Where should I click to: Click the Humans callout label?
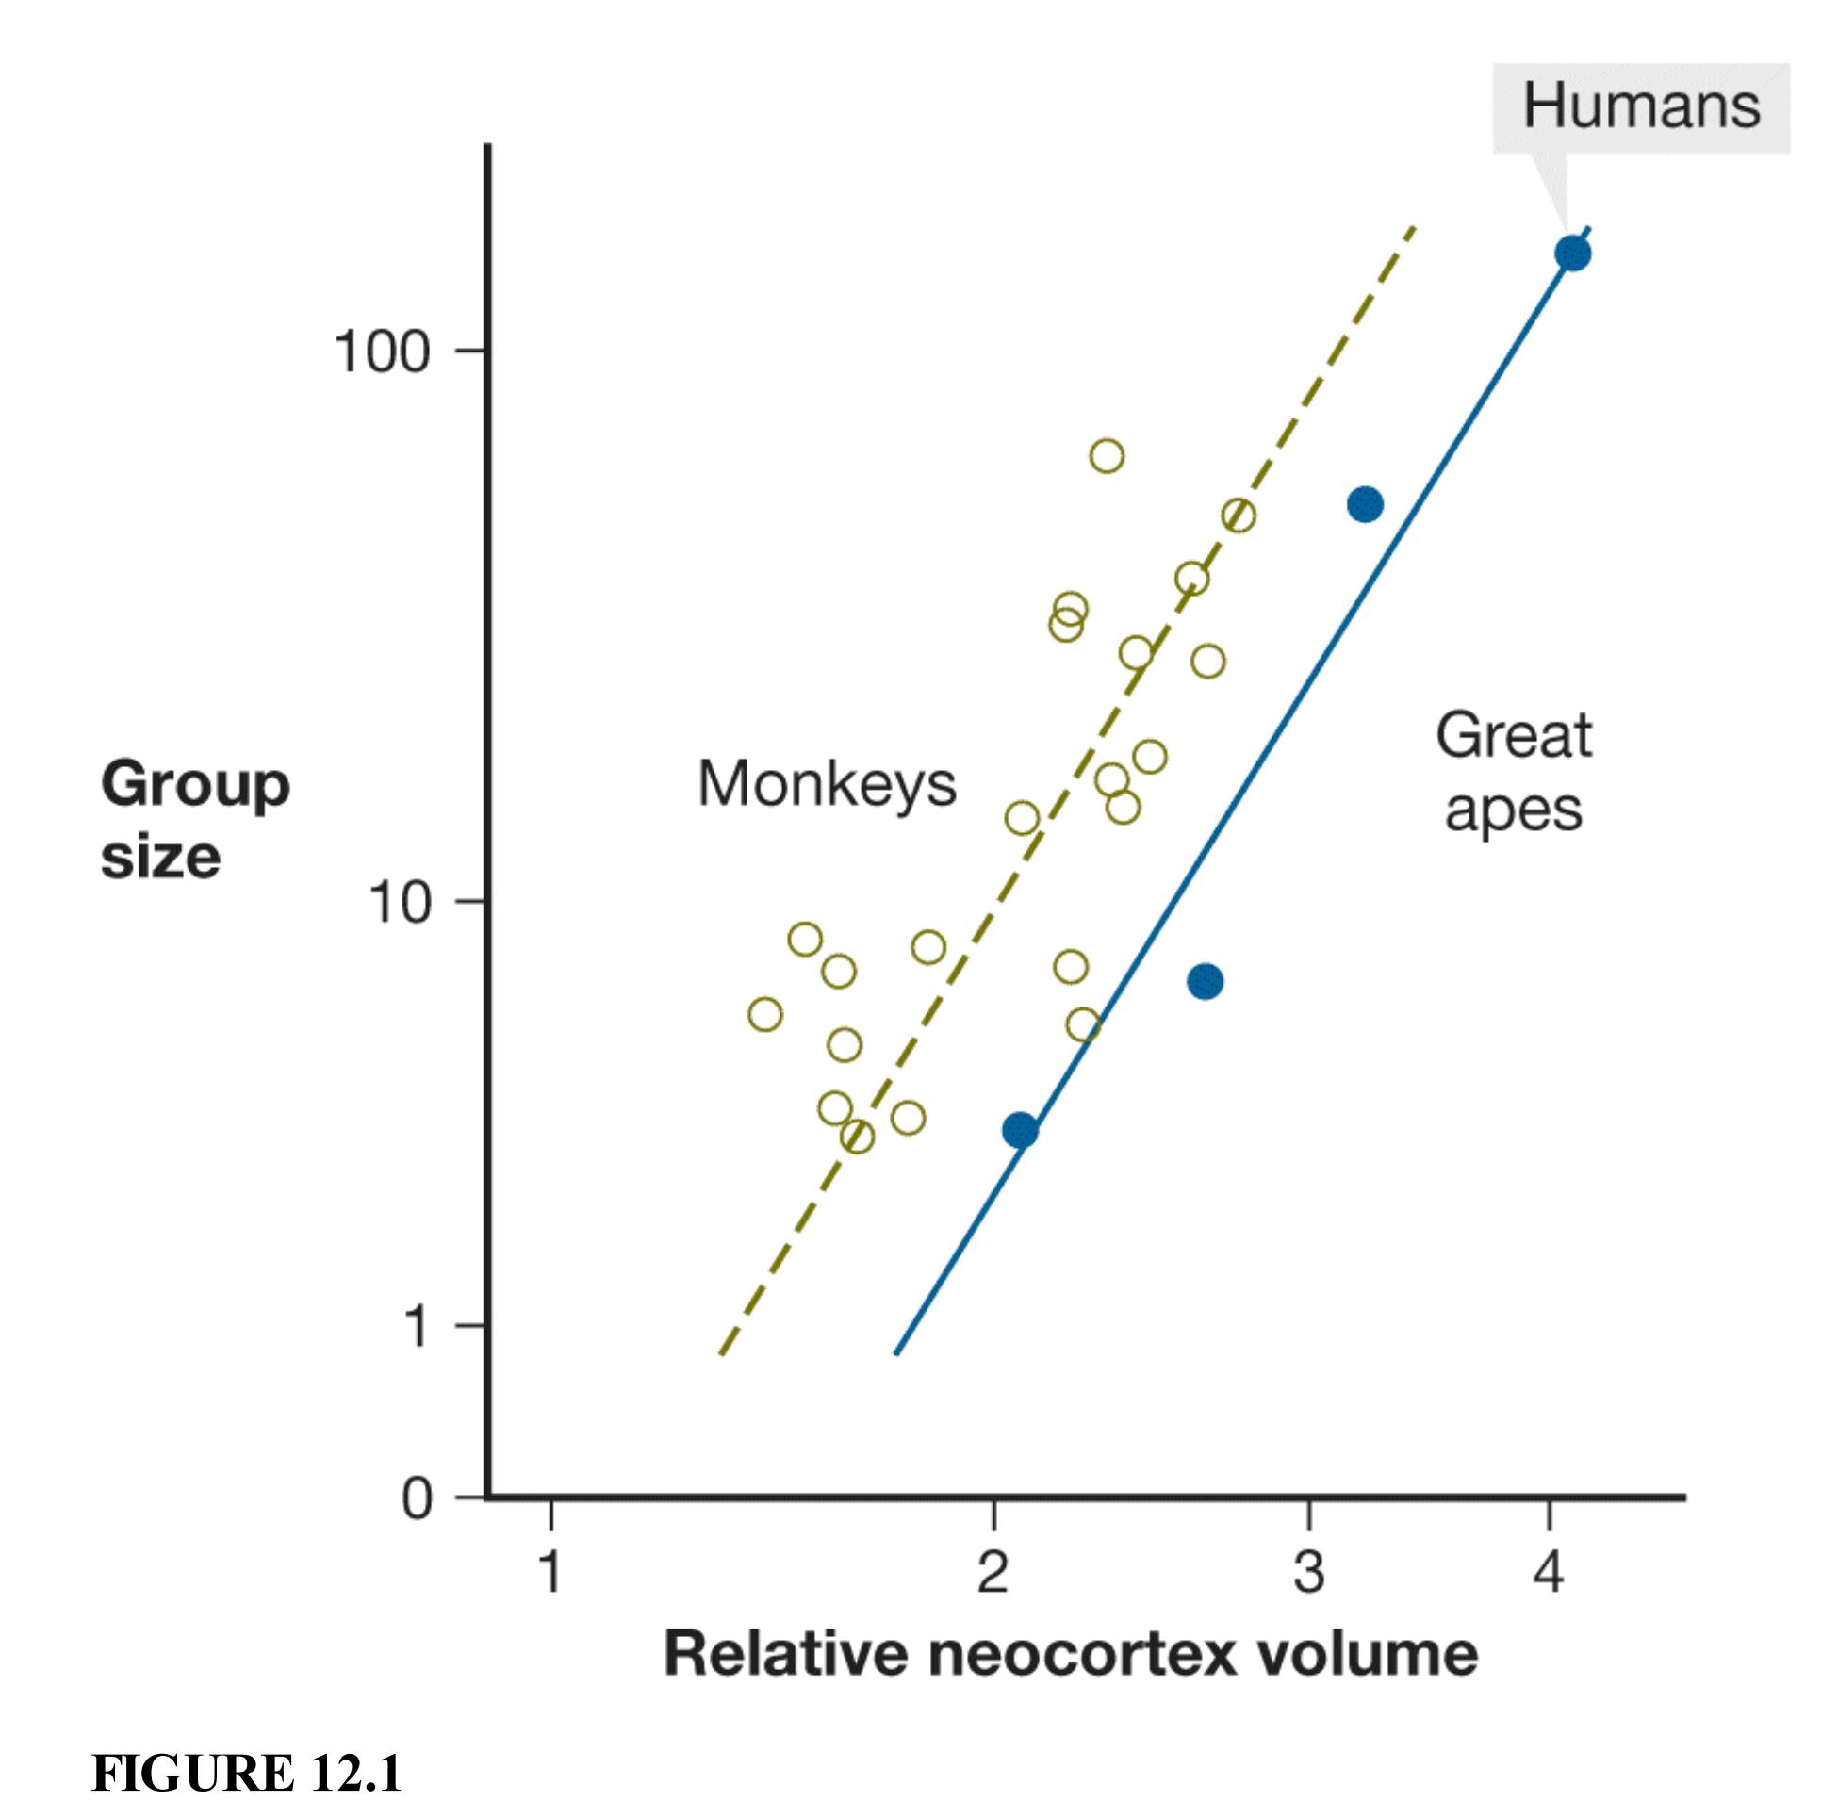point(1640,106)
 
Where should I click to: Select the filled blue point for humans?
point(1572,254)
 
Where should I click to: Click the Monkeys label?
point(827,784)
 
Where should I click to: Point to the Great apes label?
point(1514,773)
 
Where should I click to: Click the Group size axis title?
point(194,820)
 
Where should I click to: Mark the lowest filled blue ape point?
point(1020,1130)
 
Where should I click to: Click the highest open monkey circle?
point(1107,456)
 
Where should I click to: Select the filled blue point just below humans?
point(1365,504)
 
